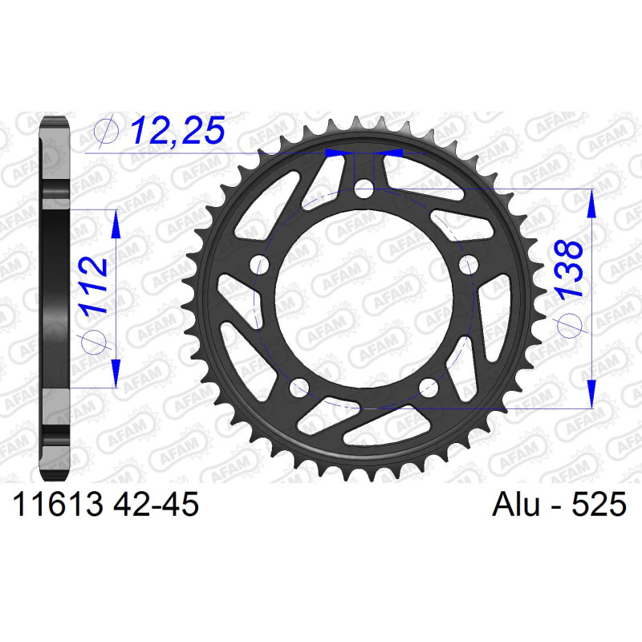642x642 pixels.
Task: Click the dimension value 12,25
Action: click(x=178, y=130)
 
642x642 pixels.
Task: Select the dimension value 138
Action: click(x=568, y=269)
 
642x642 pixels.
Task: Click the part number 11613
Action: click(x=58, y=504)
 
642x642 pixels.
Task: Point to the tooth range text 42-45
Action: click(x=156, y=504)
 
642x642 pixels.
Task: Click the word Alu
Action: click(x=516, y=504)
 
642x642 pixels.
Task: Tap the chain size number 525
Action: click(x=599, y=504)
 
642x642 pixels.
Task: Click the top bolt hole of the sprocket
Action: click(x=364, y=189)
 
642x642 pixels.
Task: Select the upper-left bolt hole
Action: click(x=259, y=265)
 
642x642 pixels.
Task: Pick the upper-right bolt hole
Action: click(x=469, y=265)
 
